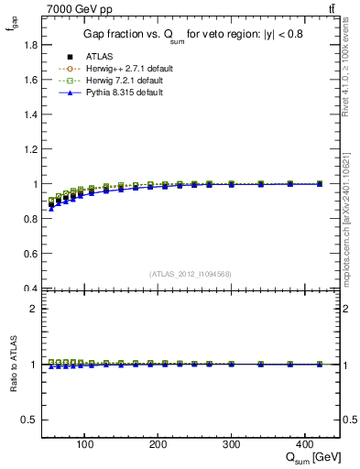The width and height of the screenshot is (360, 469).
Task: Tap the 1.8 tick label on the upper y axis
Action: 29,45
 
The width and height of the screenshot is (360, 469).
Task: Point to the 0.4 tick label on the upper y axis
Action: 29,289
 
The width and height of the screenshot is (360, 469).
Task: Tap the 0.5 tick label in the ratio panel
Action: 29,420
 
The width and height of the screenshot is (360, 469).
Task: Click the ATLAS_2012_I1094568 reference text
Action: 191,273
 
